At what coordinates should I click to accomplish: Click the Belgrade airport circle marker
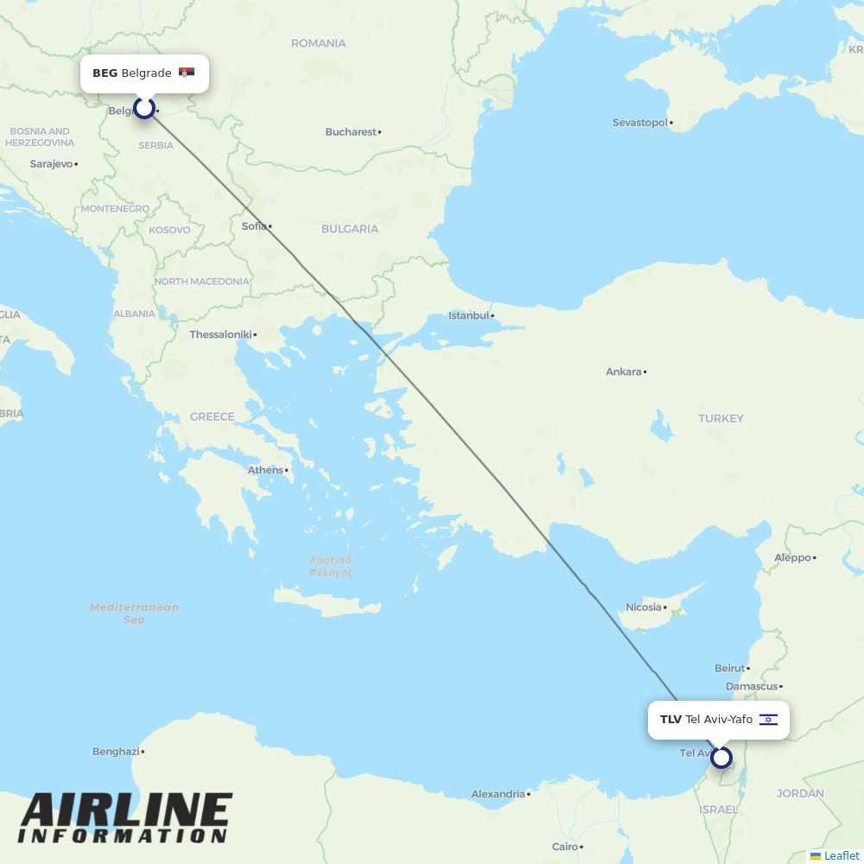point(144,108)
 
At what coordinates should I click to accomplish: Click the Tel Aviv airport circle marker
point(721,758)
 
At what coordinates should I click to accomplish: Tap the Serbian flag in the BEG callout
point(187,73)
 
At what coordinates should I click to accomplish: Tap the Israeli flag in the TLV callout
point(768,719)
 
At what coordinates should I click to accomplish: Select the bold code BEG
point(105,73)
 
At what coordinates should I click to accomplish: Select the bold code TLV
point(670,719)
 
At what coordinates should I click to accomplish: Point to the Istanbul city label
point(469,315)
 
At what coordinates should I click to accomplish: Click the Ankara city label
point(624,372)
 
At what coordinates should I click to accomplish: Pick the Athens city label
point(265,470)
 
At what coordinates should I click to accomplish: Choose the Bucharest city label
point(351,132)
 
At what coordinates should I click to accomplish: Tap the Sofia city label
point(254,226)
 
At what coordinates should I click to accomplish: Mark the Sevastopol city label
point(640,123)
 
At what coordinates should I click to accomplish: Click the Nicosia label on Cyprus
point(643,607)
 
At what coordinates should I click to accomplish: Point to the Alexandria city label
point(499,794)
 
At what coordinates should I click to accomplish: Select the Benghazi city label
point(116,752)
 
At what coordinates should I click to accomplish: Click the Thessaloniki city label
point(220,334)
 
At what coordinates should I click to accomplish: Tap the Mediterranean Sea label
point(134,613)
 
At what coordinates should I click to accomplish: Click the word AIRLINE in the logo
point(126,811)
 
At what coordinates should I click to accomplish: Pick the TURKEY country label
point(721,418)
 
